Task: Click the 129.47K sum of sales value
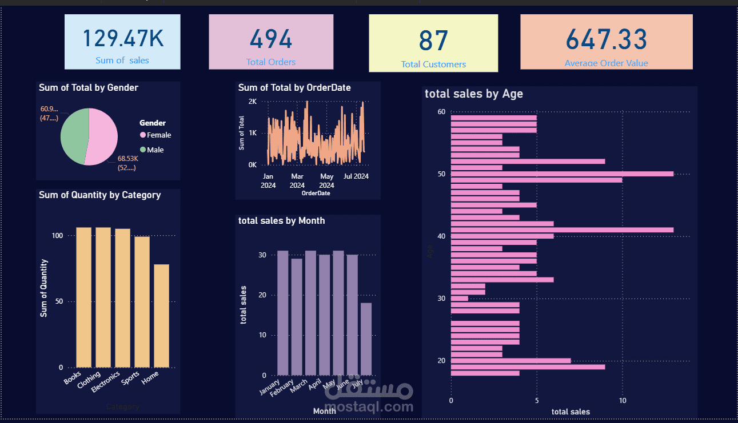pyautogui.click(x=123, y=39)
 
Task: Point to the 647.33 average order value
pyautogui.click(x=606, y=39)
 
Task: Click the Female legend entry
pyautogui.click(x=158, y=135)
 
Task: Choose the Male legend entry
pyautogui.click(x=155, y=150)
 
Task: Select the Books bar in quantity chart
pyautogui.click(x=83, y=297)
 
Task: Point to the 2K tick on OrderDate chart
pyautogui.click(x=252, y=102)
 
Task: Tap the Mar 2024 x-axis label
pyautogui.click(x=297, y=180)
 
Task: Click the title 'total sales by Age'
pyautogui.click(x=474, y=94)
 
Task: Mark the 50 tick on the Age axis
pyautogui.click(x=441, y=174)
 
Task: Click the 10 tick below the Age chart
pyautogui.click(x=623, y=401)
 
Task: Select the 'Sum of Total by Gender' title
pyautogui.click(x=89, y=87)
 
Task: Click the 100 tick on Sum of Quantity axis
pyautogui.click(x=57, y=235)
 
